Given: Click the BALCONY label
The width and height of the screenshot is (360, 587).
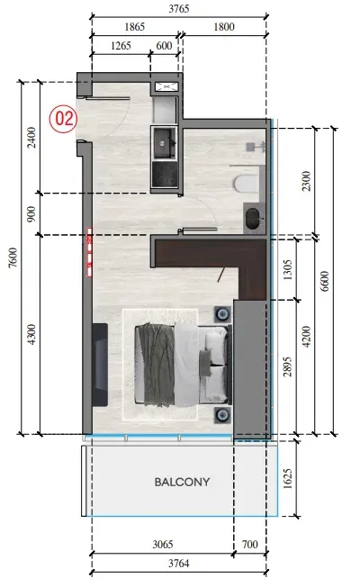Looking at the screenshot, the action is [182, 482].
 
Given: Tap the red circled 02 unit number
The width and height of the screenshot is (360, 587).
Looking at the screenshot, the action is [63, 119].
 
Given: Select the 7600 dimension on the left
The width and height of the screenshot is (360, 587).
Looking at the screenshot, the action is [13, 257].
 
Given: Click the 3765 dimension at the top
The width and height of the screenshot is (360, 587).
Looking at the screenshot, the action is [179, 9].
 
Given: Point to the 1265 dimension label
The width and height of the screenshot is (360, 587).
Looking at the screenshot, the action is [121, 46].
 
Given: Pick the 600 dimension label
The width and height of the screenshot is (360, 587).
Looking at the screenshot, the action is [164, 46].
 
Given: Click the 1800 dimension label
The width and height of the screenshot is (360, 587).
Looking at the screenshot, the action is [224, 27].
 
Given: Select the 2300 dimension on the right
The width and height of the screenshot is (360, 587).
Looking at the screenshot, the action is [306, 181].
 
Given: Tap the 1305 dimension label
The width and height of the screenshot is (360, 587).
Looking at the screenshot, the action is [287, 270].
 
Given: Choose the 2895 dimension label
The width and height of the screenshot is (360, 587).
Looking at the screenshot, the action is [287, 366].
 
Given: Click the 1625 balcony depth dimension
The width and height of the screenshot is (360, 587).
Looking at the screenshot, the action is [287, 479].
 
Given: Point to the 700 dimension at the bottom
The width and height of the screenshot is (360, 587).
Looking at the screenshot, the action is [249, 544].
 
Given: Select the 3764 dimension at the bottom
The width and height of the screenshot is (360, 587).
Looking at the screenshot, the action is [179, 564].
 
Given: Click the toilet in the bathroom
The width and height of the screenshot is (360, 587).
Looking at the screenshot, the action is [247, 184].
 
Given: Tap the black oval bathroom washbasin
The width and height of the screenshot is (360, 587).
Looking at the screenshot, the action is [253, 219].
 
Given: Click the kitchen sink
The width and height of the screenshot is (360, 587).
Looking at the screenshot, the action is [163, 142].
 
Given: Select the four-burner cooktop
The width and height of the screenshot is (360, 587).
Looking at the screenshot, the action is [164, 175].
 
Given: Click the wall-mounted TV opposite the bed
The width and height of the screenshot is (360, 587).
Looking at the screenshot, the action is [100, 365].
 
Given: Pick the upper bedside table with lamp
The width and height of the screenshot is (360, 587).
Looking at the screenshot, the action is [222, 313].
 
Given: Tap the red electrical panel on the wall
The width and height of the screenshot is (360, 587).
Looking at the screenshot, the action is [90, 252].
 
